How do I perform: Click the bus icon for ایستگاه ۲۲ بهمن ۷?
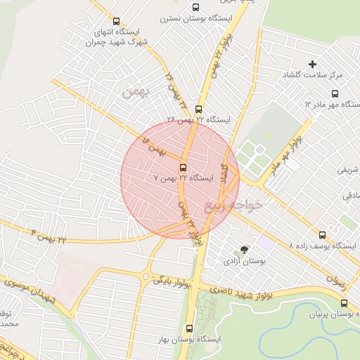184,167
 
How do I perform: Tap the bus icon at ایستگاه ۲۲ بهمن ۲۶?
198,109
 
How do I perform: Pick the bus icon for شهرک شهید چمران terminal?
116,22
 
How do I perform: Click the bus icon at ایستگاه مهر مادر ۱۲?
334,93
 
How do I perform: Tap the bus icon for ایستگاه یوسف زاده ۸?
323,235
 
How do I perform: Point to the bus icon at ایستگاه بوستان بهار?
189,328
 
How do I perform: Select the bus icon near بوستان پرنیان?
344,303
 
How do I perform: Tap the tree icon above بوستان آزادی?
245,250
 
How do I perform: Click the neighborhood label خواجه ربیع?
234,205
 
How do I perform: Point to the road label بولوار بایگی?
171,280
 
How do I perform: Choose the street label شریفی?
349,169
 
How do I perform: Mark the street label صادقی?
350,197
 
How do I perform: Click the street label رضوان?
335,278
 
